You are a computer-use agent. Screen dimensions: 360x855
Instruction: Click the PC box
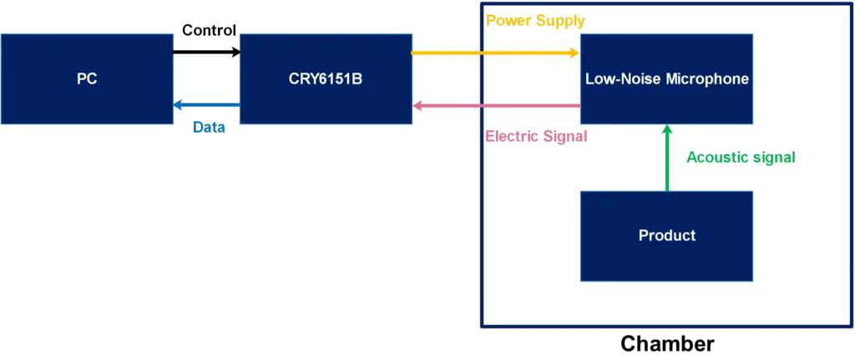(x=87, y=79)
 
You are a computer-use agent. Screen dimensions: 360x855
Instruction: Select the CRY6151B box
(x=326, y=79)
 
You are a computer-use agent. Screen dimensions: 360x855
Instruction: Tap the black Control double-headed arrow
(x=206, y=53)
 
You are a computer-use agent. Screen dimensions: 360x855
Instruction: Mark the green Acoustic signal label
(x=741, y=157)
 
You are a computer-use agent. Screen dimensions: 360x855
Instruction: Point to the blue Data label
(x=208, y=128)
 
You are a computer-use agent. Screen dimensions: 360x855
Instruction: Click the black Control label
(x=210, y=30)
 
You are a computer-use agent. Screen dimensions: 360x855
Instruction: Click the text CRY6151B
(x=326, y=79)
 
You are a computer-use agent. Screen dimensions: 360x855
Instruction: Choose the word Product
(x=666, y=236)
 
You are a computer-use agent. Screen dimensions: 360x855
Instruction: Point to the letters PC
(x=87, y=79)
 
